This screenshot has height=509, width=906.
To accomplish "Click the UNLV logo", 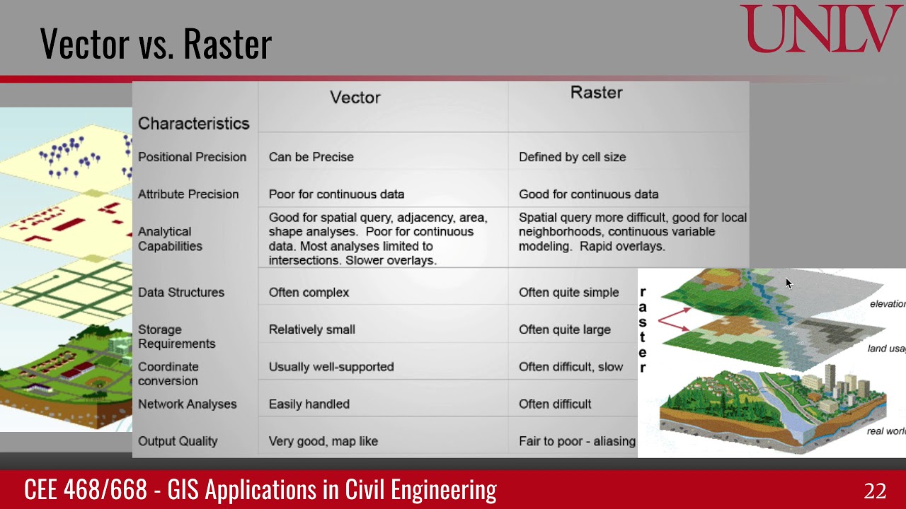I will click(821, 29).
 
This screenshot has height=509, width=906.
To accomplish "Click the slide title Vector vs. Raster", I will click(156, 44).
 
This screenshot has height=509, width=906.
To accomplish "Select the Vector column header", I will click(355, 98).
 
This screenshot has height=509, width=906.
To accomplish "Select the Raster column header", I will click(596, 93).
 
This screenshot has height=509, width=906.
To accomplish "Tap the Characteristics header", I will click(193, 124).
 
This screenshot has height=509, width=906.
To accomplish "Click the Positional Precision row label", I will click(192, 157).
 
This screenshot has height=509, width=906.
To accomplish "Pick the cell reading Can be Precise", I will click(311, 157).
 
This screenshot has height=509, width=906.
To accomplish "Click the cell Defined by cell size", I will click(572, 157).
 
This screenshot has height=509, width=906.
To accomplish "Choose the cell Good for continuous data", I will click(588, 194).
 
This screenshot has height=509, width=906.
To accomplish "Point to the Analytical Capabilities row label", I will click(170, 239).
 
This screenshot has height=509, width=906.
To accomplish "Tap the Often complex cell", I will click(309, 292).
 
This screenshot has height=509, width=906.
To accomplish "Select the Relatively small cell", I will click(311, 329).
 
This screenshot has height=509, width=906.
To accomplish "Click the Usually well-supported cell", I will click(331, 366).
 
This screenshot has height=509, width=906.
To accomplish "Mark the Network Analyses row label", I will click(187, 404).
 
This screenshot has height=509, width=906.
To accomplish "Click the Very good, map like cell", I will click(323, 441).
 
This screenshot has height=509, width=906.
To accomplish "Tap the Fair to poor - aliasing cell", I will click(577, 441).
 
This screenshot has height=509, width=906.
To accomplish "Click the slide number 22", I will click(875, 491).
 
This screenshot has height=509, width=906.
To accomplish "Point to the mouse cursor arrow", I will click(789, 283).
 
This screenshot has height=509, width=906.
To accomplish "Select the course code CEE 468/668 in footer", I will click(86, 490).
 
